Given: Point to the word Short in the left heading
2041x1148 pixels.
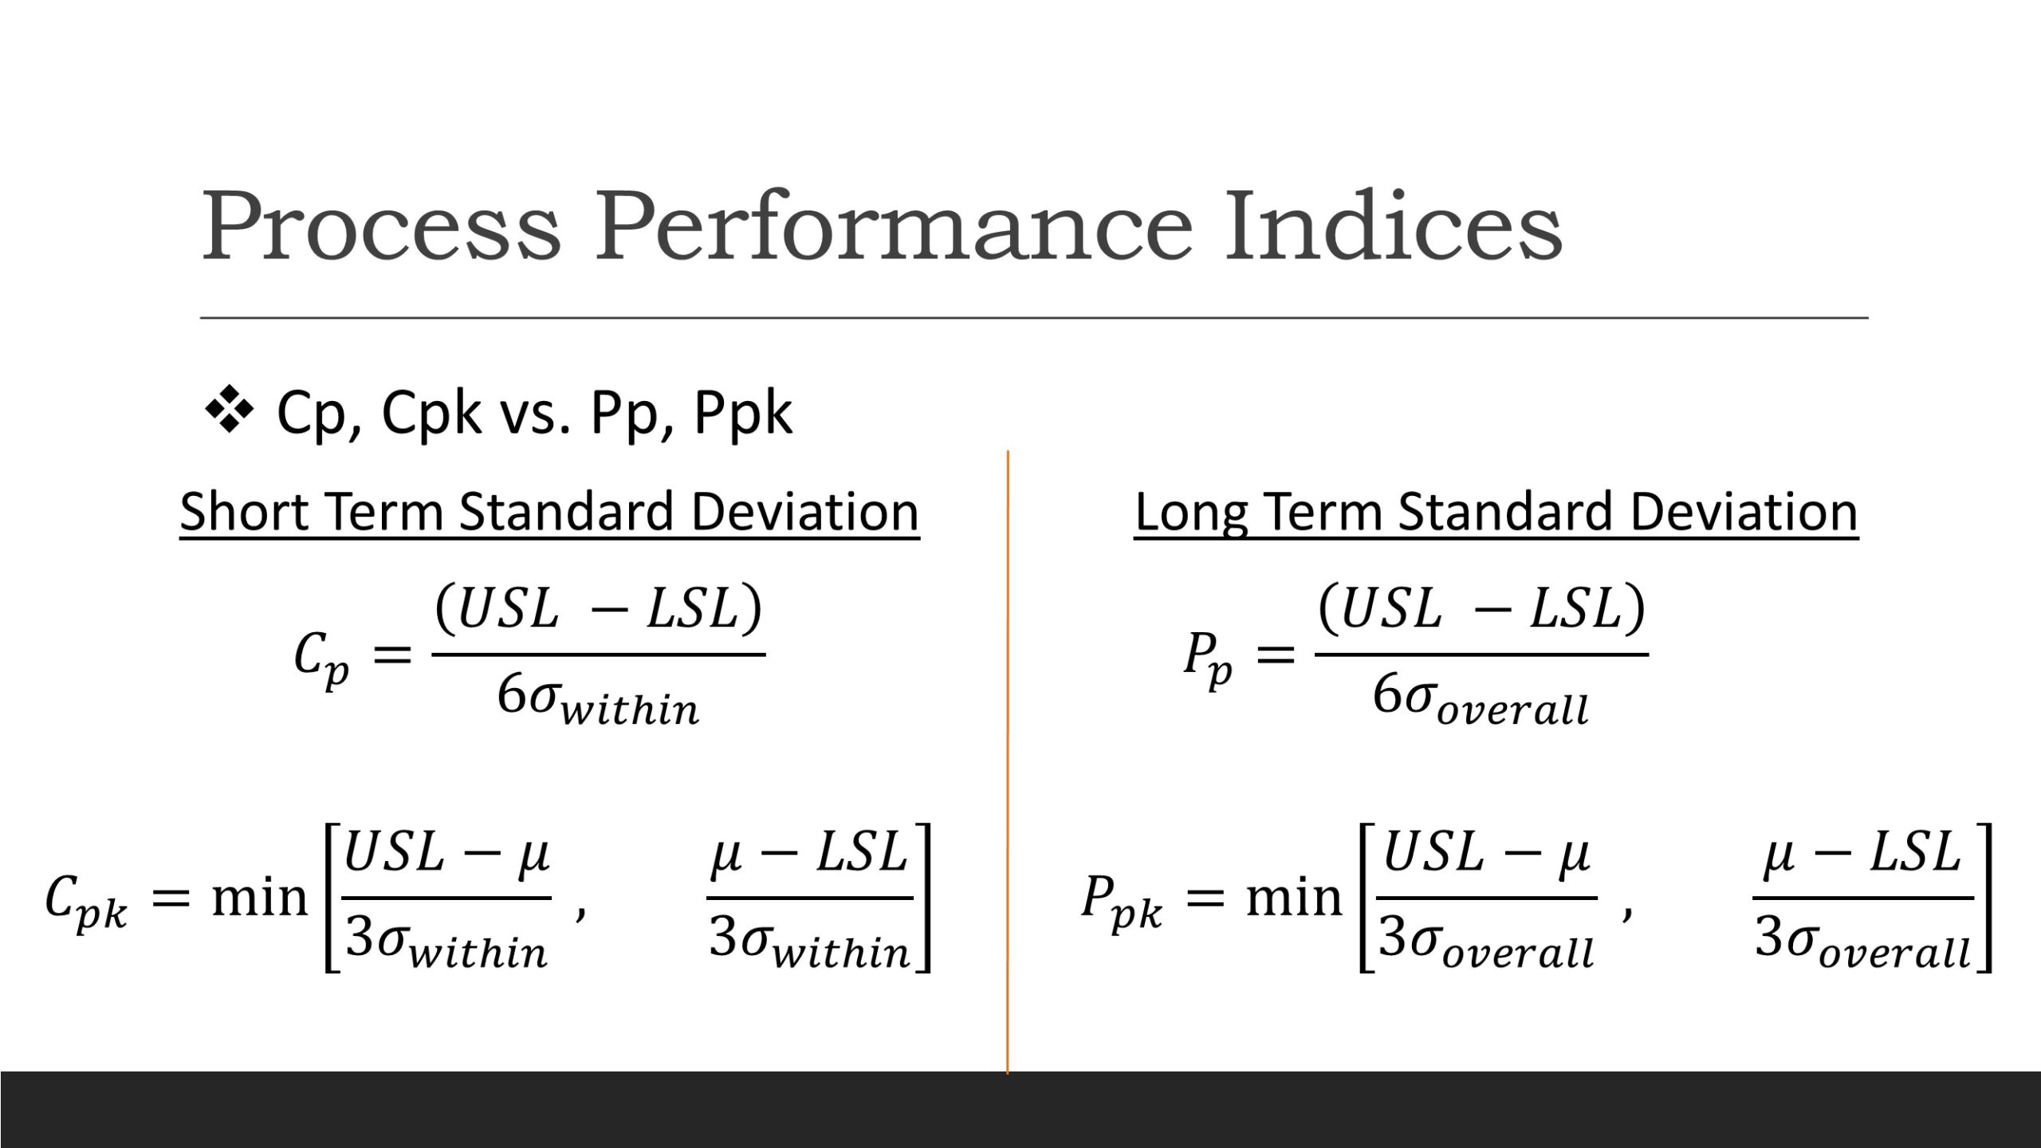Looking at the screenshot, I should [x=243, y=512].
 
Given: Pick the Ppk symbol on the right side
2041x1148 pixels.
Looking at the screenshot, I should [x=1121, y=902].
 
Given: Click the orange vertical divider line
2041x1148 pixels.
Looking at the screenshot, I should [x=1008, y=757].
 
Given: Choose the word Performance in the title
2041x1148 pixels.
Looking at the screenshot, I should [x=894, y=228].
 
